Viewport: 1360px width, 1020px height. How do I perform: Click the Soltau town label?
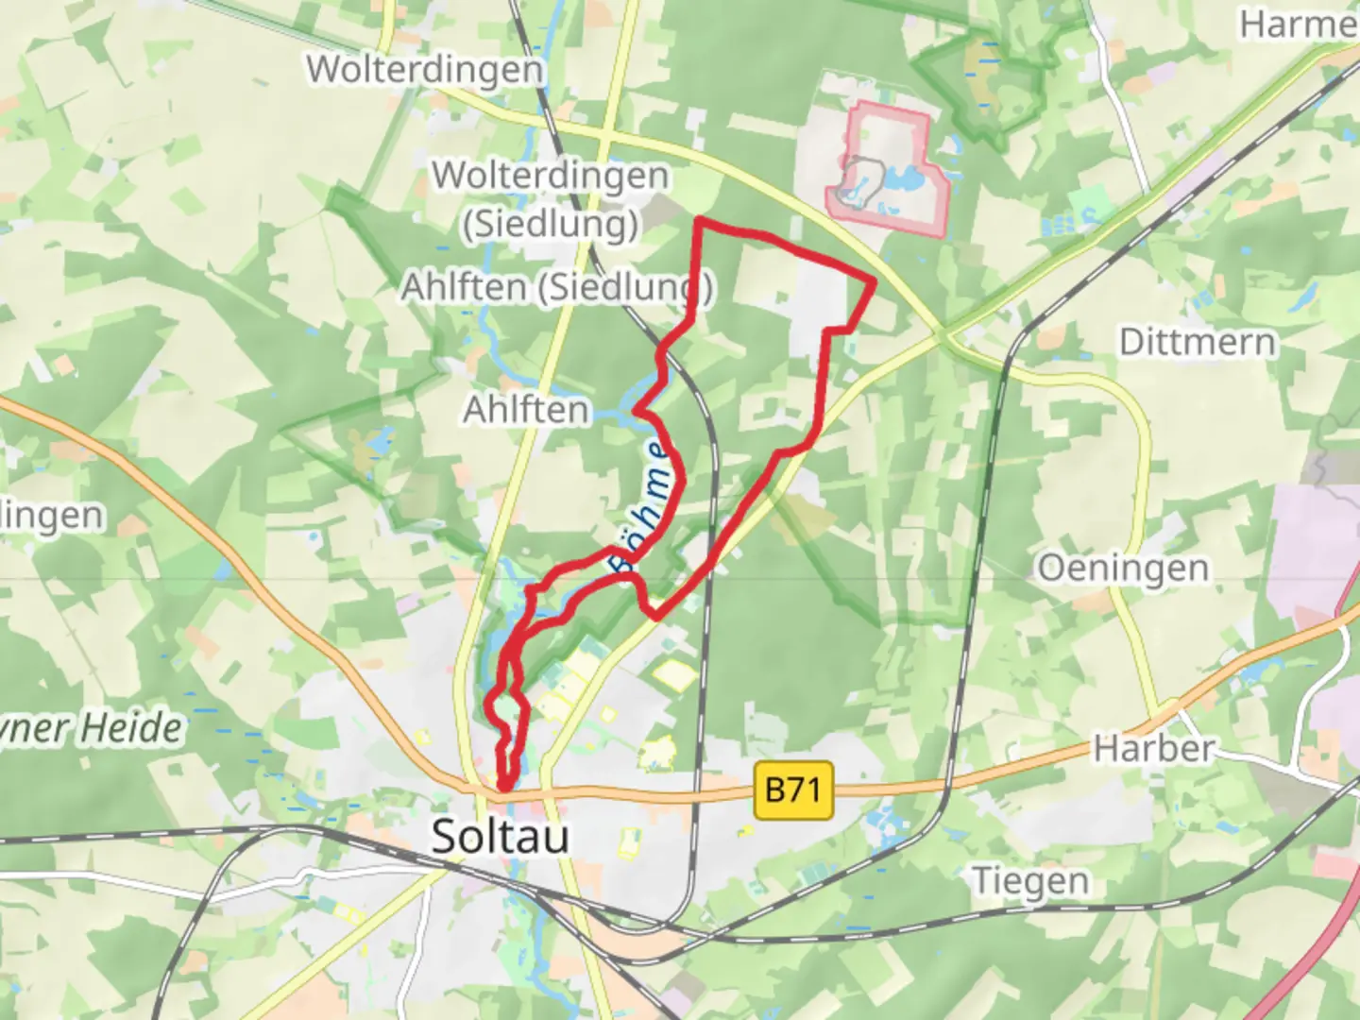500,837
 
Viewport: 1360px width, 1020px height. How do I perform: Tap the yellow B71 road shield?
794,790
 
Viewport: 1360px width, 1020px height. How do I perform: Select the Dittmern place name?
1197,341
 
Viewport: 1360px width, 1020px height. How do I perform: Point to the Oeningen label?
1122,569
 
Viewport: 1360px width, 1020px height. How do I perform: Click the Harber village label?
1153,749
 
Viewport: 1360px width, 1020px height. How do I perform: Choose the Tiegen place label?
1030,881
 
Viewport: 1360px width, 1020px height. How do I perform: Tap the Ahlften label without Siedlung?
525,410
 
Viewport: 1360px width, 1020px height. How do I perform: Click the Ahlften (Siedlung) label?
556,286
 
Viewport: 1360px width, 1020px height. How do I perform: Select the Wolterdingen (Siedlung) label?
550,198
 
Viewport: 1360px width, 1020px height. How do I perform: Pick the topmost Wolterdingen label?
425,69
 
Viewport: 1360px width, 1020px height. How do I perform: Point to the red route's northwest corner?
699,221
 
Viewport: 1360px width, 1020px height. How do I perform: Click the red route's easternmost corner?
874,280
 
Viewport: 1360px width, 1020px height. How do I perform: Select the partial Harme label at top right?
1299,25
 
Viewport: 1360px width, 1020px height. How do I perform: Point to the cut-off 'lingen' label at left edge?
51,516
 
